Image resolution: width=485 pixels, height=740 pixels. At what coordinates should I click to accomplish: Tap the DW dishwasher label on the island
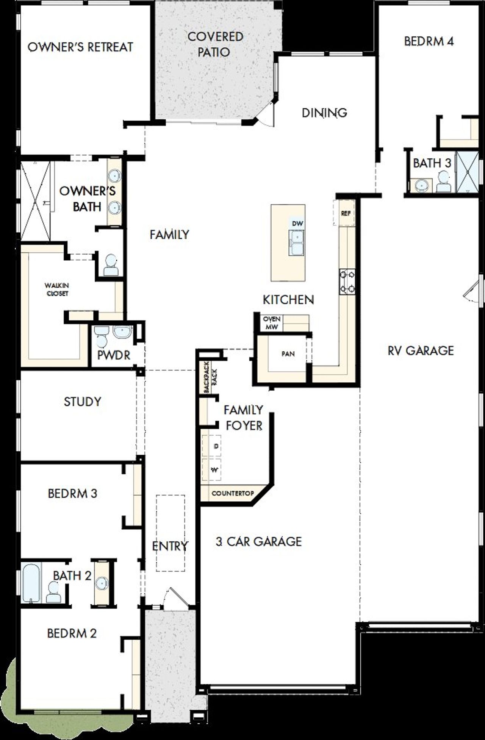[x=298, y=224]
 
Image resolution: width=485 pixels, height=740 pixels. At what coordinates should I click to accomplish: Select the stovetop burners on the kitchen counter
[x=347, y=281]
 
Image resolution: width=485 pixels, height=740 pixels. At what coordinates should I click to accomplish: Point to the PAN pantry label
[x=288, y=354]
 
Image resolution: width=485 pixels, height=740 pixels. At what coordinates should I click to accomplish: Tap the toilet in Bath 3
[x=443, y=182]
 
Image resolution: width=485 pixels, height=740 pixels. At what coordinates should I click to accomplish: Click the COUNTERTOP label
[x=232, y=494]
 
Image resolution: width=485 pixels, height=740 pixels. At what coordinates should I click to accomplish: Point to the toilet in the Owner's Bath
[x=111, y=265]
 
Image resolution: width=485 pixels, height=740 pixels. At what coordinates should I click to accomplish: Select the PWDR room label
[x=114, y=355]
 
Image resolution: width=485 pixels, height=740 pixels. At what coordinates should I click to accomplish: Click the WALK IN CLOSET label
[x=57, y=289]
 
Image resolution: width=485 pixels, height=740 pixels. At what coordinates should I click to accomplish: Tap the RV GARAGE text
[x=420, y=350]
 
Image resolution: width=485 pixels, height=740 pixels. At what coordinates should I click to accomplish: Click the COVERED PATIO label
[x=215, y=44]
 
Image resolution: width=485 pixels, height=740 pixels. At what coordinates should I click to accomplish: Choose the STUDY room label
[x=82, y=402]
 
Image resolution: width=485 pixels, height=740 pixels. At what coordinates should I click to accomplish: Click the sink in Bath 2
[x=101, y=582]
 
